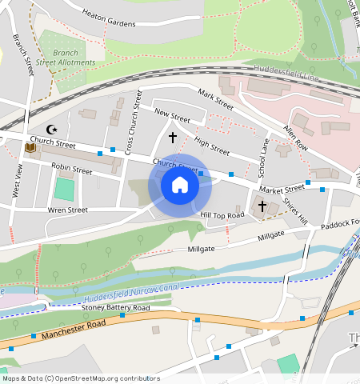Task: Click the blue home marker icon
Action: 180,186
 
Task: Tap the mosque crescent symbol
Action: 54,129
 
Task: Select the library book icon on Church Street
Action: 31,148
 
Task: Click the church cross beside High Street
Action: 172,138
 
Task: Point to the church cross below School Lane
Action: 262,206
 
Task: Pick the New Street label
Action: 172,115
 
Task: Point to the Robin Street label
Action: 71,170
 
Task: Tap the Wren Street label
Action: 67,210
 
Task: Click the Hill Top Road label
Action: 222,215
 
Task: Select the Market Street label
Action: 282,189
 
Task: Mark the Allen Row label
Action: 295,137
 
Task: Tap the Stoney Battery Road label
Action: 116,307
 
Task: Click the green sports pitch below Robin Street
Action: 63,190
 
